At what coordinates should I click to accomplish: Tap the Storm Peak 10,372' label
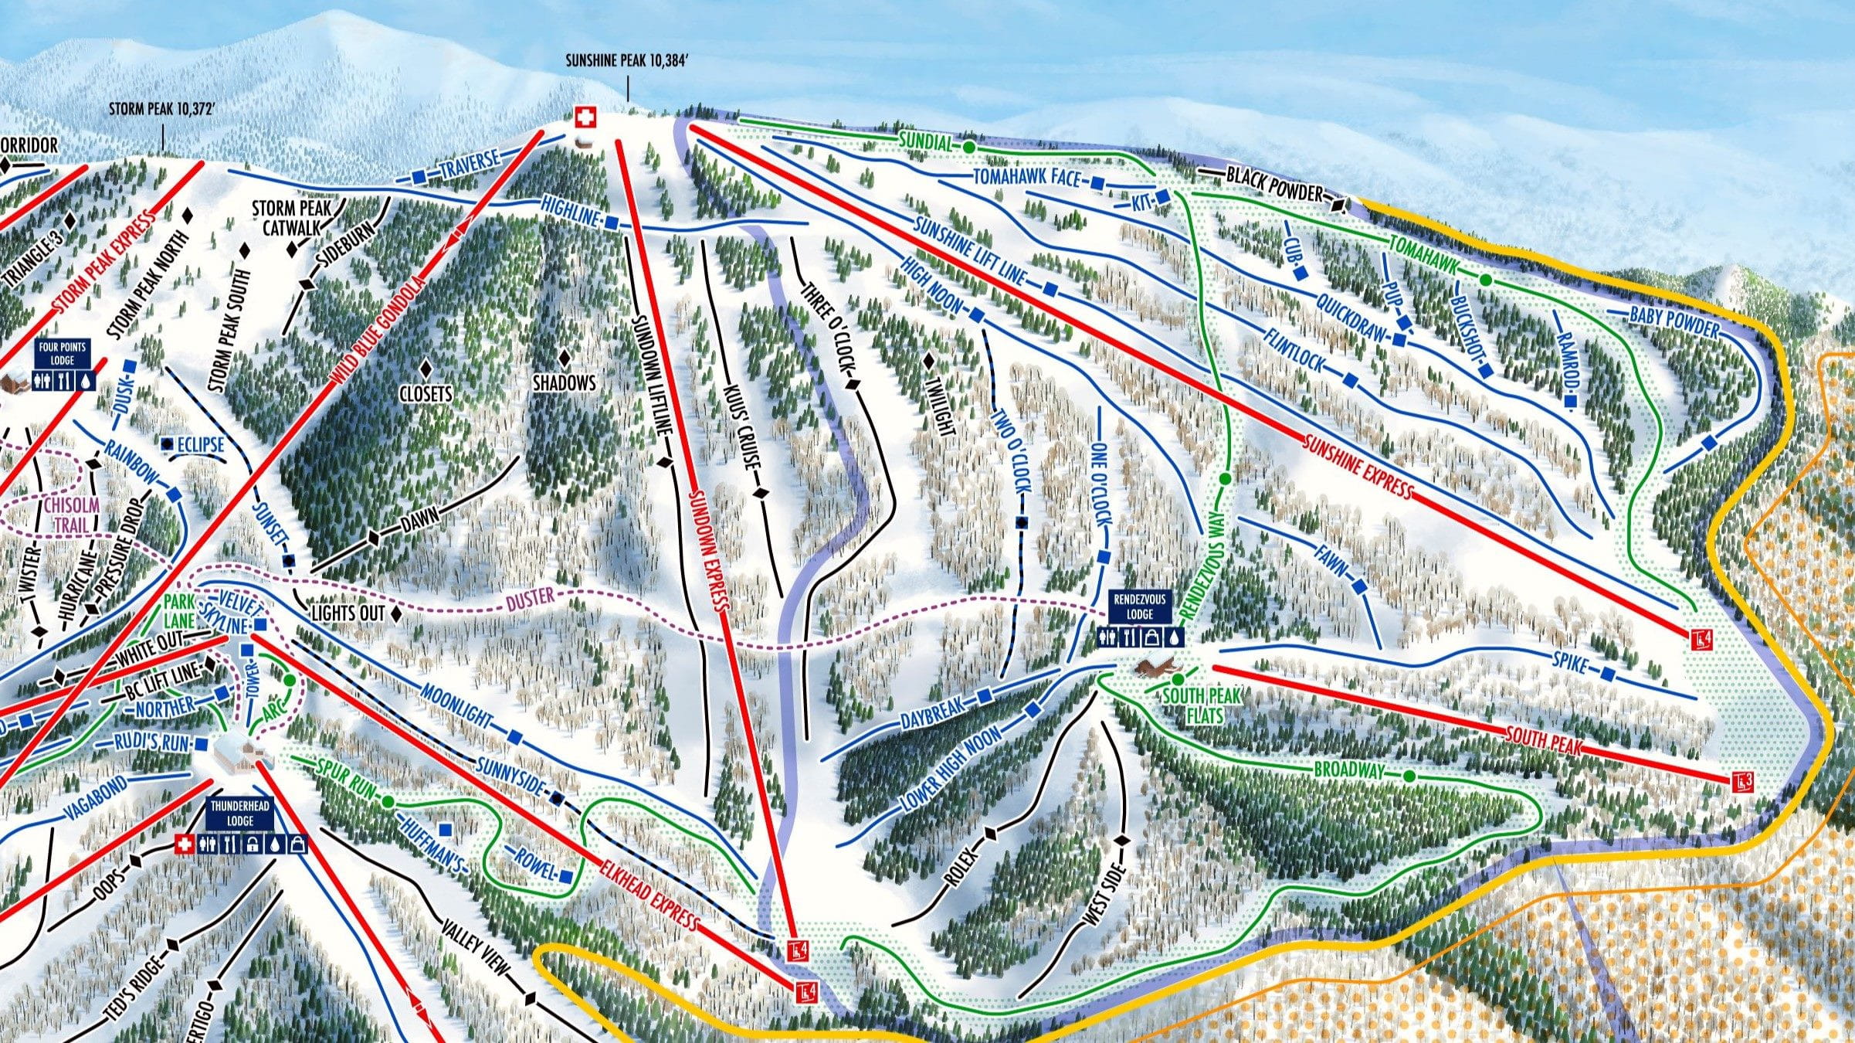click(161, 109)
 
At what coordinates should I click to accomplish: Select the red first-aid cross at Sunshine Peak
click(585, 117)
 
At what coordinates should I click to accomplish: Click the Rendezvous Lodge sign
click(1139, 606)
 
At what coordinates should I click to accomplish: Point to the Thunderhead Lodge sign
click(240, 814)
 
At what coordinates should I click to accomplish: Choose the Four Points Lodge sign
click(63, 355)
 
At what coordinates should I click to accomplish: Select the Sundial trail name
click(927, 141)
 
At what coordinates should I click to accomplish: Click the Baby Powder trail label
click(1674, 321)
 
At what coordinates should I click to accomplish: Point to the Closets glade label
click(426, 394)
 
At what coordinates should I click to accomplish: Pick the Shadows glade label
click(565, 383)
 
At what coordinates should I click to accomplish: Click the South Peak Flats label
click(1202, 705)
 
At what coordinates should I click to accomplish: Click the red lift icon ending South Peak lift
click(1738, 782)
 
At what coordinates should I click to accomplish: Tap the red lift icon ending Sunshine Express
click(1697, 639)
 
